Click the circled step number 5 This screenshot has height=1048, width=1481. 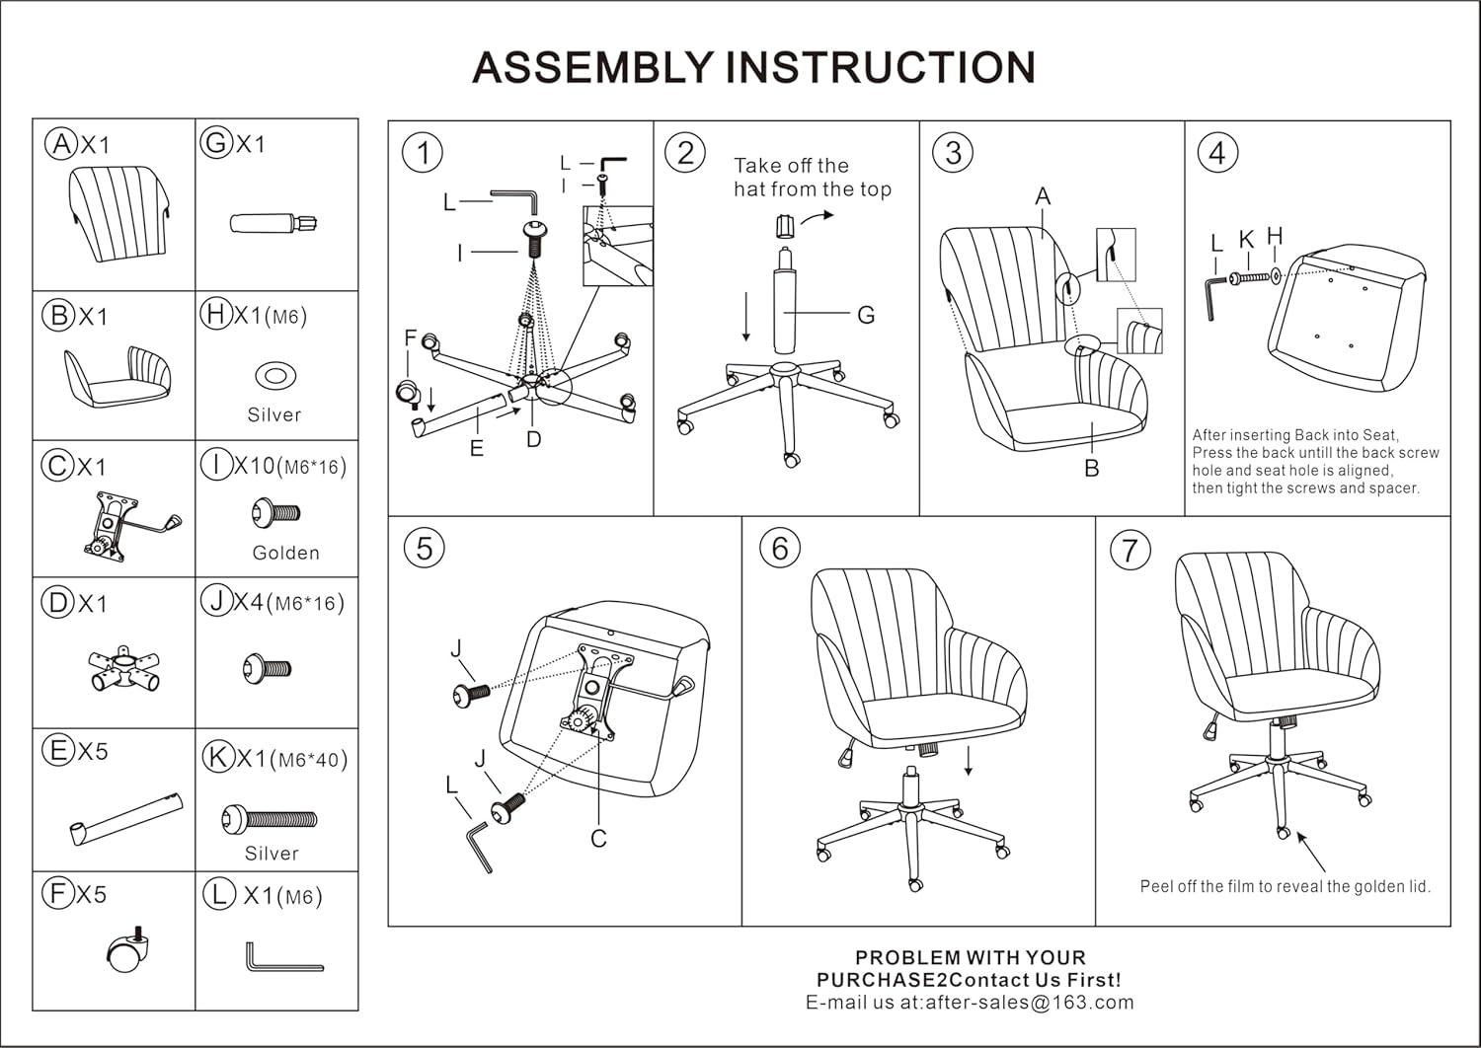tap(425, 549)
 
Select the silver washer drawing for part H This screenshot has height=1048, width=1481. tap(275, 376)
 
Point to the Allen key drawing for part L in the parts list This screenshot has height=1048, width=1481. tap(282, 958)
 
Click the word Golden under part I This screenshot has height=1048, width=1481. tap(285, 553)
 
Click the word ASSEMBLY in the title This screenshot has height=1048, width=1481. tap(591, 67)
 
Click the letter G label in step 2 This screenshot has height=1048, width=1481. tap(866, 315)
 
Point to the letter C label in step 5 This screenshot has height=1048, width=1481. tap(598, 839)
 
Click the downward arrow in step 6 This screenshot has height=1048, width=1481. tap(970, 761)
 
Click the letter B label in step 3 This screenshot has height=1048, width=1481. tap(1092, 468)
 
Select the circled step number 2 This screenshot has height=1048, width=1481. tap(685, 153)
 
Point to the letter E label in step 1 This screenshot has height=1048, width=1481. tap(477, 449)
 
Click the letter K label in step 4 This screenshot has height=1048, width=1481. tap(1246, 239)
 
